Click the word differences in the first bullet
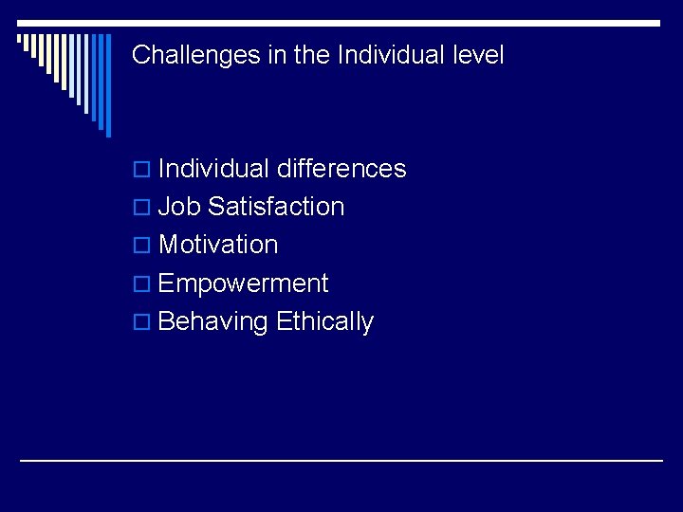point(341,169)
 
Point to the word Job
point(180,207)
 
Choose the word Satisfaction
point(276,207)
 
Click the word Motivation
point(218,245)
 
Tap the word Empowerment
point(243,283)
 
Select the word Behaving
point(213,322)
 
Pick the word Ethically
point(324,322)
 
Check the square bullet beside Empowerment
point(142,284)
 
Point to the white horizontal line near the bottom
point(341,460)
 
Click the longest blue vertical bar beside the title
point(107,85)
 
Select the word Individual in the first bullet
point(214,169)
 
